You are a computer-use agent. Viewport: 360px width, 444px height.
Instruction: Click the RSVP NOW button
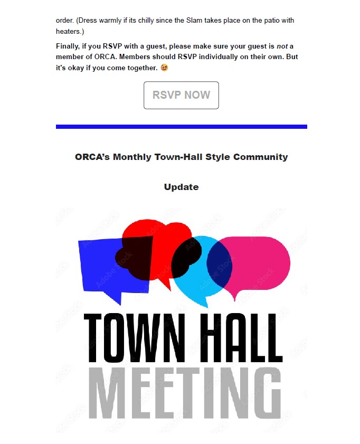pos(181,96)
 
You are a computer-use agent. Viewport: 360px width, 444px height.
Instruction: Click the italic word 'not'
pos(282,46)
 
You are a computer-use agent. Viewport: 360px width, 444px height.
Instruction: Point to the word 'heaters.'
pos(67,32)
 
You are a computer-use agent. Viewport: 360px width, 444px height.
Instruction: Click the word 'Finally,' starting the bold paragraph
pos(68,46)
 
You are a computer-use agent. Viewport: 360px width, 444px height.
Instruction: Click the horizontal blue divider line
pos(181,127)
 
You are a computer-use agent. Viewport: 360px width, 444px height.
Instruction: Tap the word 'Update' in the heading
pos(181,187)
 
